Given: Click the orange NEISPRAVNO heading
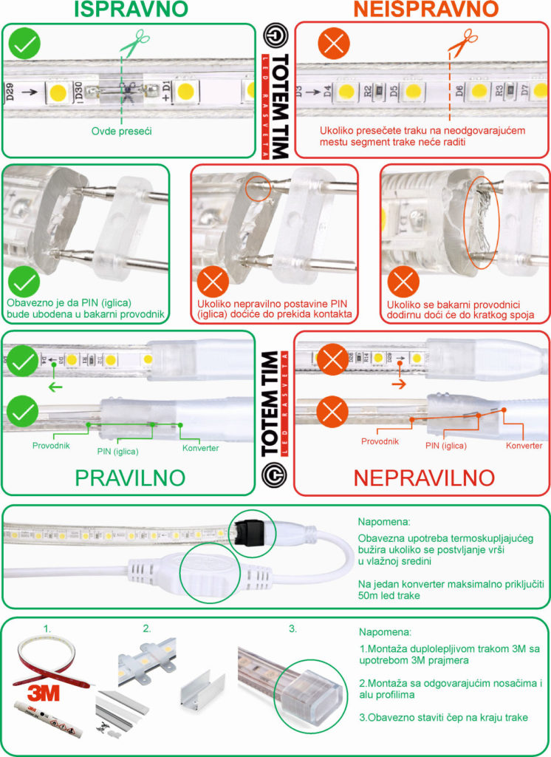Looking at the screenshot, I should tap(425, 10).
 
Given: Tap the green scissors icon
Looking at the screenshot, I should tap(130, 46).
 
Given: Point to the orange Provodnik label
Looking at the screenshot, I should tap(380, 441).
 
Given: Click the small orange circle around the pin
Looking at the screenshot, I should tap(259, 188).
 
